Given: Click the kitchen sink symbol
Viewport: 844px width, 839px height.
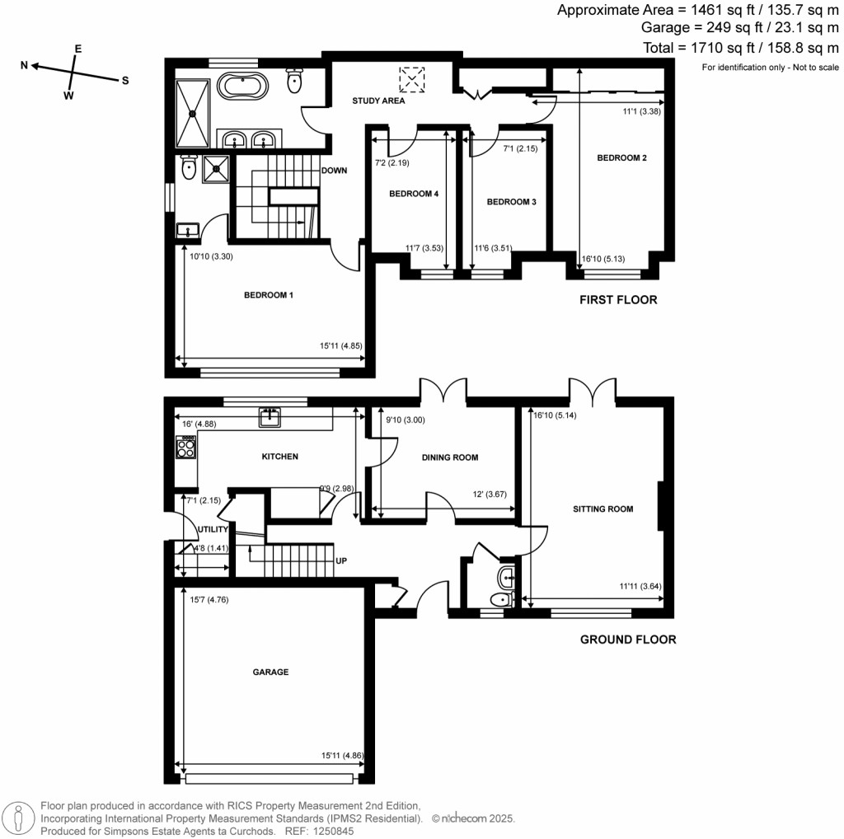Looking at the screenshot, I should click(270, 418).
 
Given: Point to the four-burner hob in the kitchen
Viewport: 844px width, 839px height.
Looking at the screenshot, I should click(185, 447).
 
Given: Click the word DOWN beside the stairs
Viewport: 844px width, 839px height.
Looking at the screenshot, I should click(334, 171).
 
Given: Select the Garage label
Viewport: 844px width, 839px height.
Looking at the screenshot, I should click(270, 672).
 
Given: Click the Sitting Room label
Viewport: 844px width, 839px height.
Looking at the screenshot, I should click(603, 509).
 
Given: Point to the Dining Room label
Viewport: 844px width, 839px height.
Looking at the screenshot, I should click(449, 457).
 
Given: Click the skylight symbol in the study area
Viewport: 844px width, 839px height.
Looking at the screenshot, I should click(410, 79).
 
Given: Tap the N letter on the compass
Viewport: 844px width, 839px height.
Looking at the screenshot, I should click(25, 64).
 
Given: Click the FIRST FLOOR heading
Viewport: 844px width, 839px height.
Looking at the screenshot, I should click(618, 300).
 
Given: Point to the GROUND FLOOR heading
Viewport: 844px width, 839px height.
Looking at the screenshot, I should click(628, 640).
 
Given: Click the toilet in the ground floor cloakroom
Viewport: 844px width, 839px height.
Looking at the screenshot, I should click(499, 599).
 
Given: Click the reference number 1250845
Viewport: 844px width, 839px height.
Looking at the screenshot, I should click(337, 832).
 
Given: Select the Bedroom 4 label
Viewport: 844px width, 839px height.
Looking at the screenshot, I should click(413, 195).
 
